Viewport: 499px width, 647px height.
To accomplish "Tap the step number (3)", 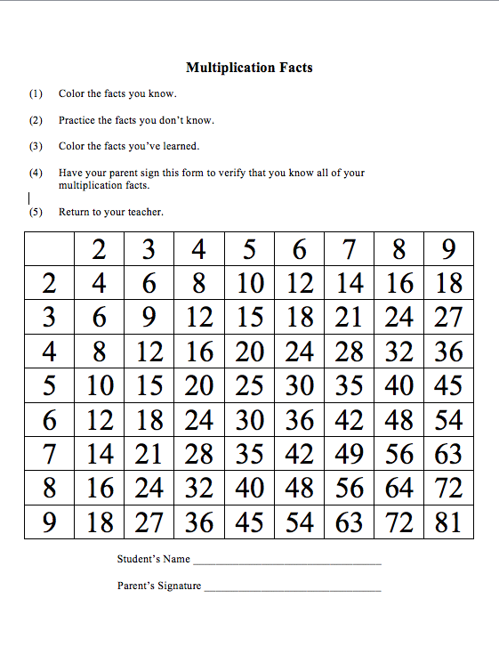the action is click(36, 146).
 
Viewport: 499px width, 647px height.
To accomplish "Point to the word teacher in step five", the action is click(143, 212).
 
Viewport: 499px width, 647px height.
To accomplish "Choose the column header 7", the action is click(350, 250).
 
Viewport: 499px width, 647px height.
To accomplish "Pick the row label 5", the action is click(50, 385).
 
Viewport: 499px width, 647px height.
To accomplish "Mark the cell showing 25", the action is click(251, 385).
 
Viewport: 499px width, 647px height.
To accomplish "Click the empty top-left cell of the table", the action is click(50, 250).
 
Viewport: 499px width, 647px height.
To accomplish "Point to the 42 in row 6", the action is click(350, 419).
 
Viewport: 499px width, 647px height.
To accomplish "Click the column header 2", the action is click(101, 250).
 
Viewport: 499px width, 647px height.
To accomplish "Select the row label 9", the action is click(50, 522).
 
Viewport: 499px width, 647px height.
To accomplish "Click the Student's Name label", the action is click(154, 560).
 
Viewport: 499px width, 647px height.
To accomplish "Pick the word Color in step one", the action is click(71, 93).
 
